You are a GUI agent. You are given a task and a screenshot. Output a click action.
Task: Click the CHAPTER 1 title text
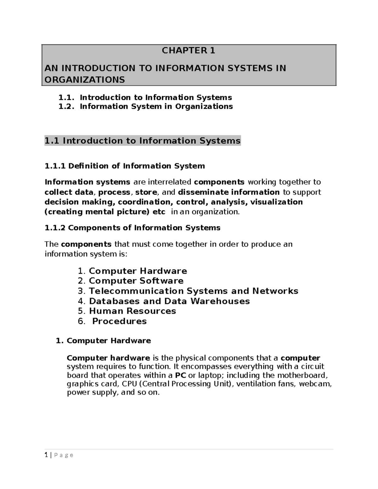[x=188, y=50]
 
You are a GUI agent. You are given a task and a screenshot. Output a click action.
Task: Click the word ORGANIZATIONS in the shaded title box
[x=85, y=80]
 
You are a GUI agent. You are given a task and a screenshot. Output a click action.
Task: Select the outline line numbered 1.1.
[x=145, y=98]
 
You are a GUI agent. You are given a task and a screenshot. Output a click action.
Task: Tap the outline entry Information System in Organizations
[x=156, y=106]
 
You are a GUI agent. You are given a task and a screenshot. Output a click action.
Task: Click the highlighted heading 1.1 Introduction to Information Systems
[x=142, y=141]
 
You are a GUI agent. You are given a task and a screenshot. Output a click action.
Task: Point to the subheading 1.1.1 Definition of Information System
[x=125, y=166]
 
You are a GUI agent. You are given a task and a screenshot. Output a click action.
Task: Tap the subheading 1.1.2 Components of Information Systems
[x=133, y=228]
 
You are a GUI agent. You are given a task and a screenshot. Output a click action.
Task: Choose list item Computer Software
[x=136, y=281]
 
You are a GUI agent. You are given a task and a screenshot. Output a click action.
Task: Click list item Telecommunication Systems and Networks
[x=193, y=291]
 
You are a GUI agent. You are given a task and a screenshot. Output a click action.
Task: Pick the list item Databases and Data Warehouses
[x=169, y=301]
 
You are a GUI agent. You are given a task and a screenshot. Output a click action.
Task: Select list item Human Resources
[x=132, y=311]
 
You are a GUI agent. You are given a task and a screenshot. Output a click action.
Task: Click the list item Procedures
[x=119, y=321]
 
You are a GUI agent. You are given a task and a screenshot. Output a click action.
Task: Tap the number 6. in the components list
[x=82, y=321]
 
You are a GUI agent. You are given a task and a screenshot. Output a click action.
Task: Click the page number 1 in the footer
[x=46, y=455]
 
